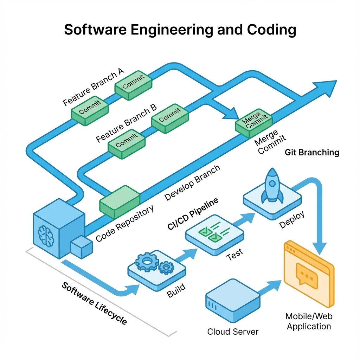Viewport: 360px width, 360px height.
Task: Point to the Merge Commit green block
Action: pos(254,123)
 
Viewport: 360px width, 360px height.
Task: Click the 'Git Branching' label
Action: pos(312,153)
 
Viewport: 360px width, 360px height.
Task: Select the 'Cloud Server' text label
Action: pos(233,332)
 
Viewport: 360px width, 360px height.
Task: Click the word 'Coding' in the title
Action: pos(271,30)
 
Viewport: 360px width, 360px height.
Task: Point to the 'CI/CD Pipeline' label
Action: pos(193,213)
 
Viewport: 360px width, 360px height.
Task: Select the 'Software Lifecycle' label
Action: pos(94,303)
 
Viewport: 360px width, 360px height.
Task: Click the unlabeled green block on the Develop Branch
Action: pos(120,202)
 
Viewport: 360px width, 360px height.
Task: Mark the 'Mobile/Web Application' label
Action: pos(309,321)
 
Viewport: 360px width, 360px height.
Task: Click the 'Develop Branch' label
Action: pos(192,183)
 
